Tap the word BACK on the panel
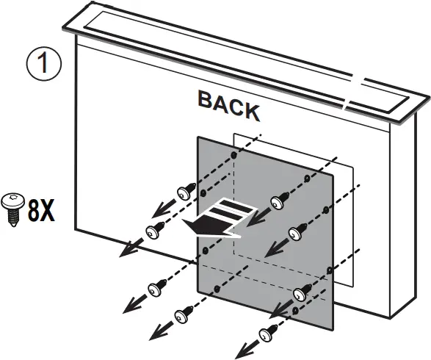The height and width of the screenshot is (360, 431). pos(228,104)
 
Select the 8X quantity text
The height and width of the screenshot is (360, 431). pos(40,211)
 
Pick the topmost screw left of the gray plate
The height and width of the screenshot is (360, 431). pos(184,192)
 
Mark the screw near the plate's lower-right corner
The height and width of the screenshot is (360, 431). pos(301,295)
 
